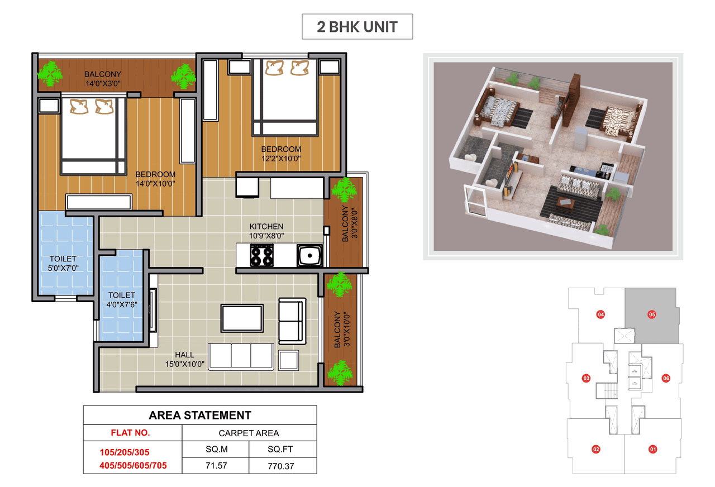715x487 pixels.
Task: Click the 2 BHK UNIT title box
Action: click(357, 27)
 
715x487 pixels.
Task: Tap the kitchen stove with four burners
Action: click(262, 256)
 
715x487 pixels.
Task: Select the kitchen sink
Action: click(309, 256)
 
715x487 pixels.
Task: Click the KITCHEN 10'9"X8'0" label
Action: click(266, 231)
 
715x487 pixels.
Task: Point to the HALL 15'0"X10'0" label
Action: click(185, 359)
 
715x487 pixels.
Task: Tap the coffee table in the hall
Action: click(242, 318)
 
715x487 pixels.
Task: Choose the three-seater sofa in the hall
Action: click(241, 356)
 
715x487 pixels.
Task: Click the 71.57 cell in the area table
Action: click(216, 465)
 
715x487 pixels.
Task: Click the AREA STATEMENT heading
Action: click(200, 415)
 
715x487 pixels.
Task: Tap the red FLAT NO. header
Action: click(130, 432)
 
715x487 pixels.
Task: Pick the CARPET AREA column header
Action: click(249, 433)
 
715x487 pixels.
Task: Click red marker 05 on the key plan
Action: click(651, 314)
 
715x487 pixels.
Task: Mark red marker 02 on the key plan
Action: click(596, 448)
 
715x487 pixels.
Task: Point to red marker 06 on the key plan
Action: click(666, 378)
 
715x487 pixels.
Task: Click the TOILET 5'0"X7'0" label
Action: click(63, 263)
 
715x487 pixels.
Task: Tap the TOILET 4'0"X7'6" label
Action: click(122, 299)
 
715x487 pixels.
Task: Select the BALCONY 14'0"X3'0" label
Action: click(103, 79)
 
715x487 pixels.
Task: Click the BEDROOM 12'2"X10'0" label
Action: click(281, 154)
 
